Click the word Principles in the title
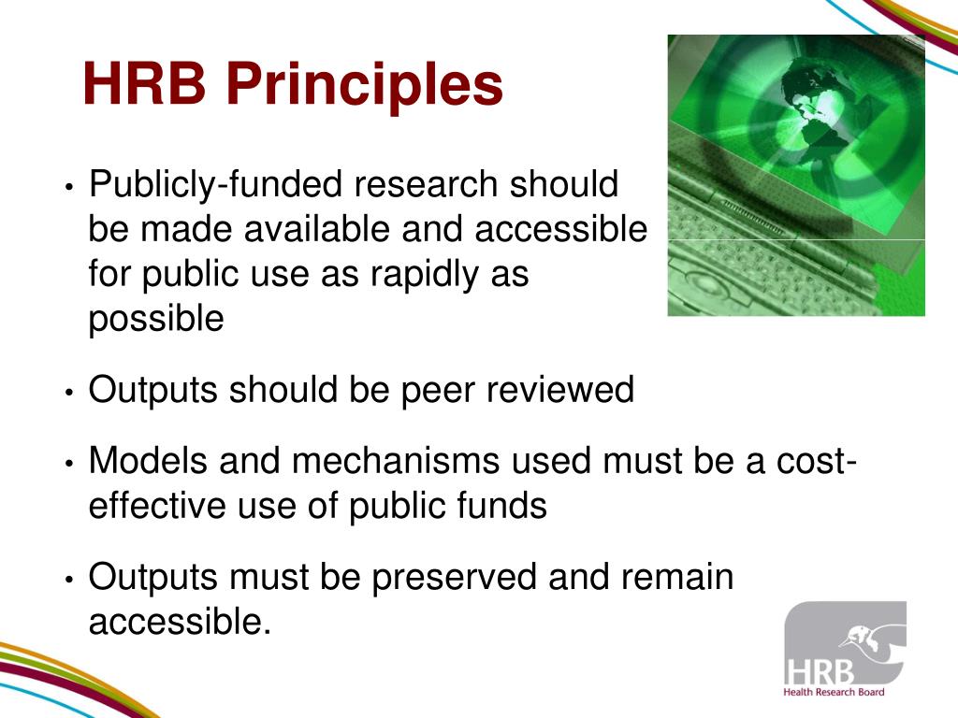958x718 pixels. pos(364,84)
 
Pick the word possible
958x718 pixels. pos(156,320)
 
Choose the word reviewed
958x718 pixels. pos(559,390)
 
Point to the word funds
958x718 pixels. pos(504,506)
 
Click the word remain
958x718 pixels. pos(676,577)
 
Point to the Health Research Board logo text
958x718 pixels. pos(834,691)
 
